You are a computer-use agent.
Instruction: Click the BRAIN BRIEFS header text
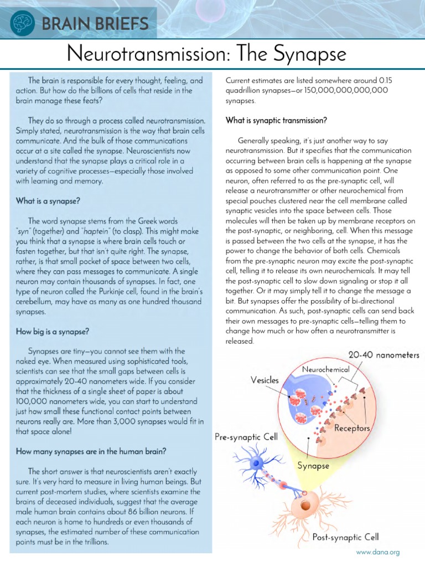pyautogui.click(x=94, y=24)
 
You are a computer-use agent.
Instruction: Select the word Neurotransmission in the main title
pyautogui.click(x=142, y=54)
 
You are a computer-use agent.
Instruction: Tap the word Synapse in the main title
pyautogui.click(x=314, y=54)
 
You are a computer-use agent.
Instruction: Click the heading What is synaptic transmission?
pyautogui.click(x=276, y=120)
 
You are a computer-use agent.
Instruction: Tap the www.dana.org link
pyautogui.click(x=377, y=551)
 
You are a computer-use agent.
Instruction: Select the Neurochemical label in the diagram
pyautogui.click(x=325, y=369)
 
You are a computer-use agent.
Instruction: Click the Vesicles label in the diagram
pyautogui.click(x=265, y=380)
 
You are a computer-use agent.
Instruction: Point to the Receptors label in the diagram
pyautogui.click(x=352, y=429)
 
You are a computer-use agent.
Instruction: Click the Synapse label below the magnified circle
pyautogui.click(x=313, y=466)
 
